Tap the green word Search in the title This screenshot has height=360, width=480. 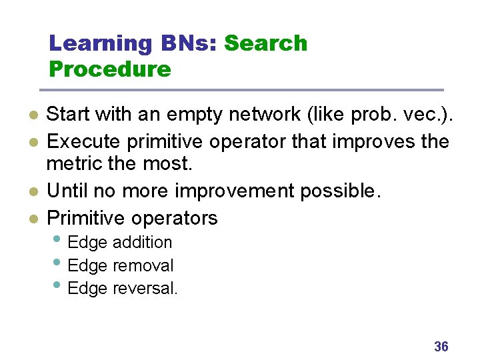click(265, 43)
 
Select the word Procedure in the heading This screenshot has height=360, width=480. click(110, 69)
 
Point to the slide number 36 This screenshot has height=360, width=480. click(441, 346)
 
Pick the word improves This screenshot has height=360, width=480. click(371, 141)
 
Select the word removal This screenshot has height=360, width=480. click(143, 265)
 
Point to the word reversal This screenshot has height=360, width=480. click(145, 289)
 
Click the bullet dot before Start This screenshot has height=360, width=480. click(32, 115)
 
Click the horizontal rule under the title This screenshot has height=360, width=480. click(241, 90)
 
